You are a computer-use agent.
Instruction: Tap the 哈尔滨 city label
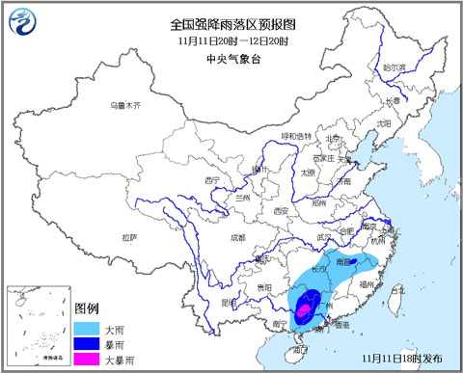coord(392,68)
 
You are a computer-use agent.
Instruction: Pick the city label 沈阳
coord(384,123)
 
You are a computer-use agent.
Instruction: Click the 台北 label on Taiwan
coord(401,286)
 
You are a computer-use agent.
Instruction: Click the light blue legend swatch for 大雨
coord(88,327)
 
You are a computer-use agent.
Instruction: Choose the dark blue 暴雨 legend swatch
coord(88,343)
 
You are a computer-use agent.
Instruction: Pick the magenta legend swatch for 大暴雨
coord(88,359)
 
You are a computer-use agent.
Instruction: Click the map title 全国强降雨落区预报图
coord(231,23)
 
